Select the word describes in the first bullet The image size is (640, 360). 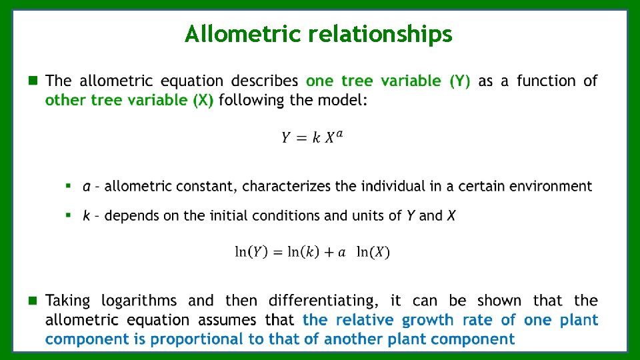[265, 81]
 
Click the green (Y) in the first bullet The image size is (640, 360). [460, 81]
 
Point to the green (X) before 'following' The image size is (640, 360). [200, 101]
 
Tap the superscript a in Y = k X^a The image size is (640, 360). [340, 134]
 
